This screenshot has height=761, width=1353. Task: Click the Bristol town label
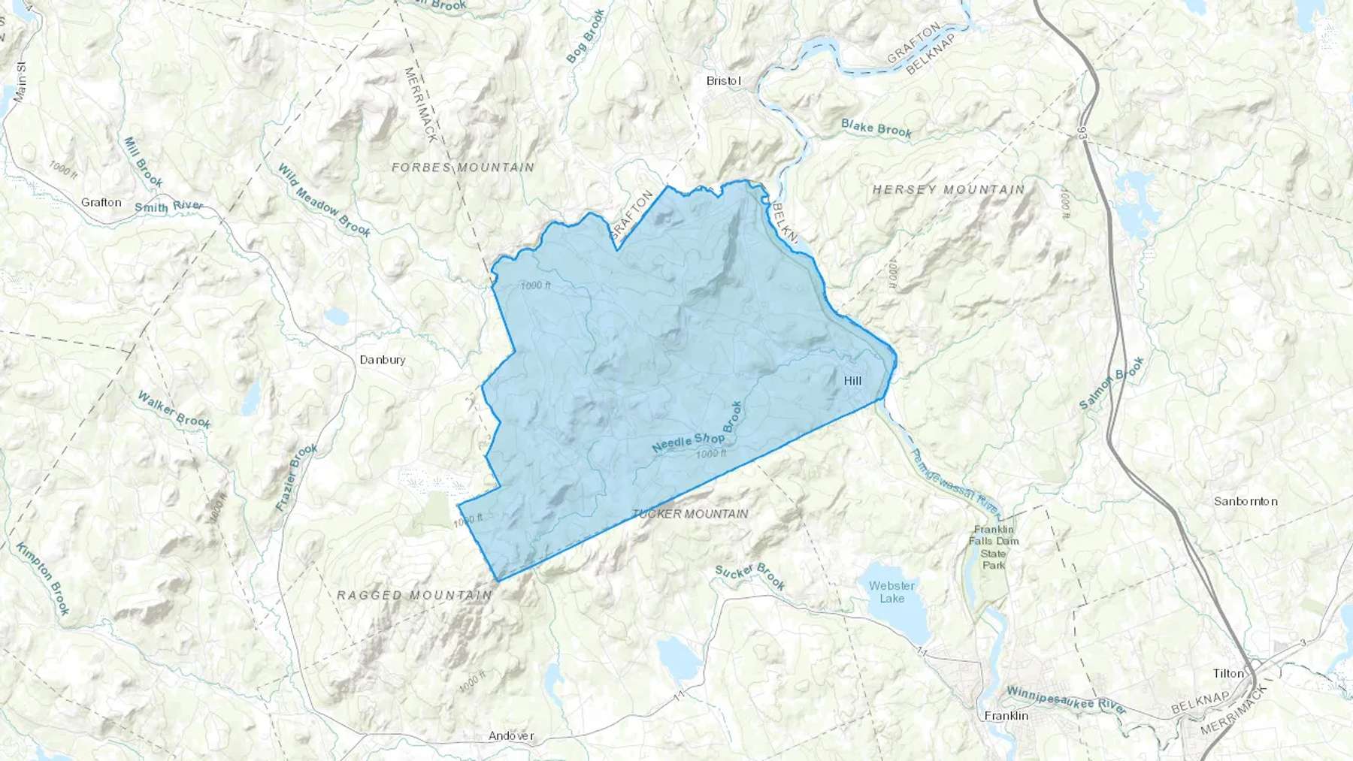click(724, 80)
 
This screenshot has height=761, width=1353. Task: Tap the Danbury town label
click(382, 360)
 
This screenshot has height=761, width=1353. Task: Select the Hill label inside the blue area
click(852, 381)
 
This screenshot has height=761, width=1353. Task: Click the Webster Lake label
click(892, 592)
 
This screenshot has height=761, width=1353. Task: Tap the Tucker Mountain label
click(690, 514)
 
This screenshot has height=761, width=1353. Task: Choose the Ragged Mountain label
click(414, 595)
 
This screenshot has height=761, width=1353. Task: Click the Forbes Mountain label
click(463, 168)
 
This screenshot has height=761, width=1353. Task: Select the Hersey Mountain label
click(949, 189)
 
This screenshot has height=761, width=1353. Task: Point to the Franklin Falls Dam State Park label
click(994, 547)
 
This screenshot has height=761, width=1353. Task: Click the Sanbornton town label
click(1246, 501)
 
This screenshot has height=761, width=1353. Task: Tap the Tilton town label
click(1228, 673)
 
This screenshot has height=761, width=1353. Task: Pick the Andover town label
click(511, 735)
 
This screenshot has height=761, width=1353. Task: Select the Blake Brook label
click(876, 128)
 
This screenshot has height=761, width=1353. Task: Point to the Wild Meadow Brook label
click(324, 201)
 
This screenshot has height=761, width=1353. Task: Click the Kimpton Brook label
click(43, 578)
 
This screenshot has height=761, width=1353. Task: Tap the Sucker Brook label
click(749, 576)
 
